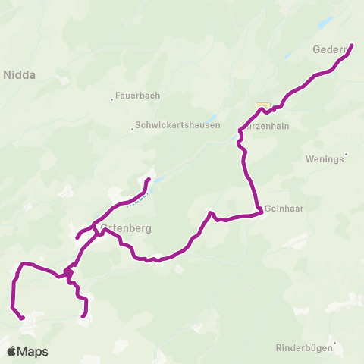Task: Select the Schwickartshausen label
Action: (179, 126)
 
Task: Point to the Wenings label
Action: (323, 160)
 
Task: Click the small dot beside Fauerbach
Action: (111, 97)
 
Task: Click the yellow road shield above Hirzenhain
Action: (263, 105)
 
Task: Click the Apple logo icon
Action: (11, 351)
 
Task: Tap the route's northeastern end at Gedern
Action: (353, 46)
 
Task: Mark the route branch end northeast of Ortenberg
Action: (149, 180)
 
